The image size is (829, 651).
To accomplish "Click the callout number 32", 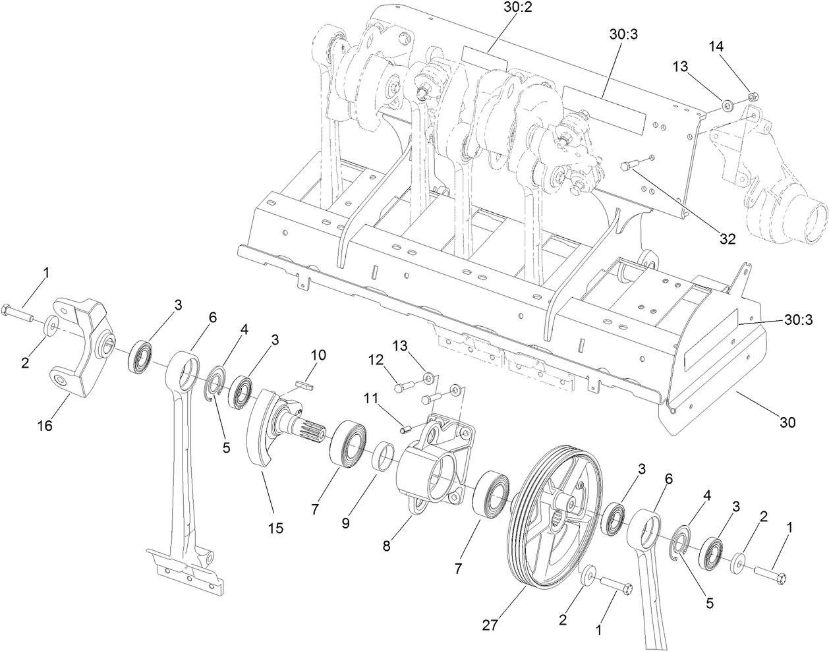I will [x=727, y=239].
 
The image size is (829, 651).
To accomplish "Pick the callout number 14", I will [x=716, y=47].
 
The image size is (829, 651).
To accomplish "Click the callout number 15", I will [x=275, y=528].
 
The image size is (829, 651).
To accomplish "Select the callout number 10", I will [x=318, y=355].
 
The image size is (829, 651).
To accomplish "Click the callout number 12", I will [x=376, y=359].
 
